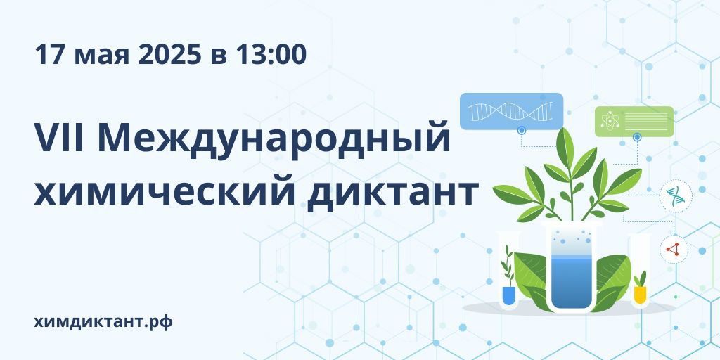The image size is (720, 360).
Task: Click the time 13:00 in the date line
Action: [x=271, y=54]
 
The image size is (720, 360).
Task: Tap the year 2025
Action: [x=169, y=54]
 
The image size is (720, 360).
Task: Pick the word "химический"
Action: [x=164, y=192]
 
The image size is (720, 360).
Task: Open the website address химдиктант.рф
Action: [x=103, y=322]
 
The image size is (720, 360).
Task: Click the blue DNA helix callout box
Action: [x=512, y=111]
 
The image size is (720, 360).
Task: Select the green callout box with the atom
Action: [x=634, y=121]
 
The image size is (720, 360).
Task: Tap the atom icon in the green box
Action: [x=610, y=120]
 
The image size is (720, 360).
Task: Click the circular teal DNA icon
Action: [x=676, y=195]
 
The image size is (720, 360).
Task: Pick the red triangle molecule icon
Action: [x=673, y=250]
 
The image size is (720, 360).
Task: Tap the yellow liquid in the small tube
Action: [x=640, y=295]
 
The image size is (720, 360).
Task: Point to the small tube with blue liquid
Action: [x=508, y=271]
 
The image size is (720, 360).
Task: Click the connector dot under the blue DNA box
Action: [x=521, y=130]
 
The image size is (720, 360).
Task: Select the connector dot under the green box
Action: [x=636, y=137]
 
